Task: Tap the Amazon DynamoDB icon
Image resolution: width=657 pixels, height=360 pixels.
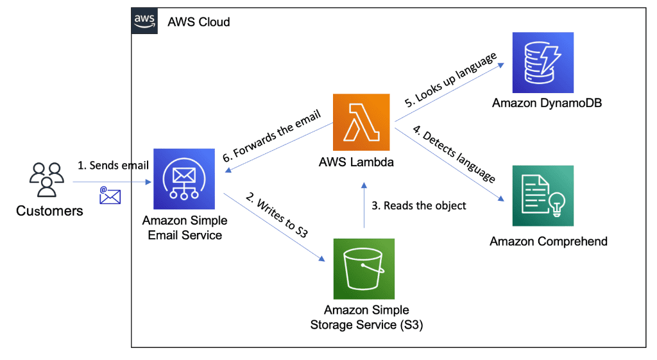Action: [x=543, y=63]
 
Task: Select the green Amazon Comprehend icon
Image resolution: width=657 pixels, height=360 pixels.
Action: [x=543, y=196]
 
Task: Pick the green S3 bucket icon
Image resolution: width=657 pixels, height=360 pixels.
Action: [x=364, y=269]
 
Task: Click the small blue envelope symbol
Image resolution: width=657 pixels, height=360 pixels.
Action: [x=110, y=196]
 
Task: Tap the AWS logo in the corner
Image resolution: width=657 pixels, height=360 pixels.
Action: [x=144, y=20]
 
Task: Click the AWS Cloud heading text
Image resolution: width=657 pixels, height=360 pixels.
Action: [x=198, y=22]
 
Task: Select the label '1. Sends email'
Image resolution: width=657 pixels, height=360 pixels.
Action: [x=113, y=165]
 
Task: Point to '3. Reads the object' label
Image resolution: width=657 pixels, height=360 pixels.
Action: [x=418, y=205]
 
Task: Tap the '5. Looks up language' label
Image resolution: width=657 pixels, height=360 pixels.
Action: [x=450, y=79]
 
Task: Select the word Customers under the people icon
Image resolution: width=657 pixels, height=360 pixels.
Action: [x=49, y=210]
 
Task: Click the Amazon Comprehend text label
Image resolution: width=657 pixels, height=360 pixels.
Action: [x=548, y=241]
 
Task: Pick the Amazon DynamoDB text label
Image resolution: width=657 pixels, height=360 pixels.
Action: [x=543, y=103]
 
